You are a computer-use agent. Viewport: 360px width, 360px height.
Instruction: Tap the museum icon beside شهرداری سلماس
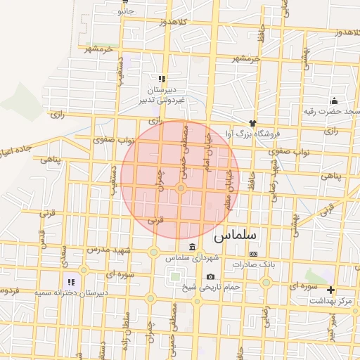193,246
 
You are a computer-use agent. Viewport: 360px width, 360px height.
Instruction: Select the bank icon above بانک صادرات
254,254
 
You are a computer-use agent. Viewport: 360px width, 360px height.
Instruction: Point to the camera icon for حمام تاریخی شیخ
210,277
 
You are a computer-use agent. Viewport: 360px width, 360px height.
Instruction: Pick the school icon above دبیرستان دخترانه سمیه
71,282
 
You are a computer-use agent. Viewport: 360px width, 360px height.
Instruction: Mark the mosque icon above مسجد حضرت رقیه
334,101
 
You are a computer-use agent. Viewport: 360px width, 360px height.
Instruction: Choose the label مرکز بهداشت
334,301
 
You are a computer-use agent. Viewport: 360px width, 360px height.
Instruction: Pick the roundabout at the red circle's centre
181,188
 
